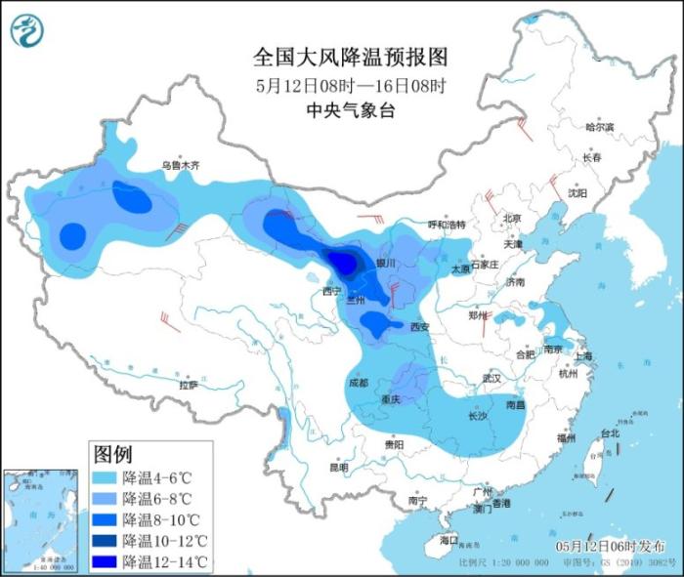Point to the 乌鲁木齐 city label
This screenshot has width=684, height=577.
(181, 166)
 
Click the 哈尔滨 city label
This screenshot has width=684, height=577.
(599, 127)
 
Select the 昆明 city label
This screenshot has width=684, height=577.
(338, 468)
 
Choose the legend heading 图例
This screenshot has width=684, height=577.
(112, 454)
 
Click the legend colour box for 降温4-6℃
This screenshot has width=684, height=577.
(104, 477)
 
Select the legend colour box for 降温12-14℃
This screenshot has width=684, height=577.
(104, 561)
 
